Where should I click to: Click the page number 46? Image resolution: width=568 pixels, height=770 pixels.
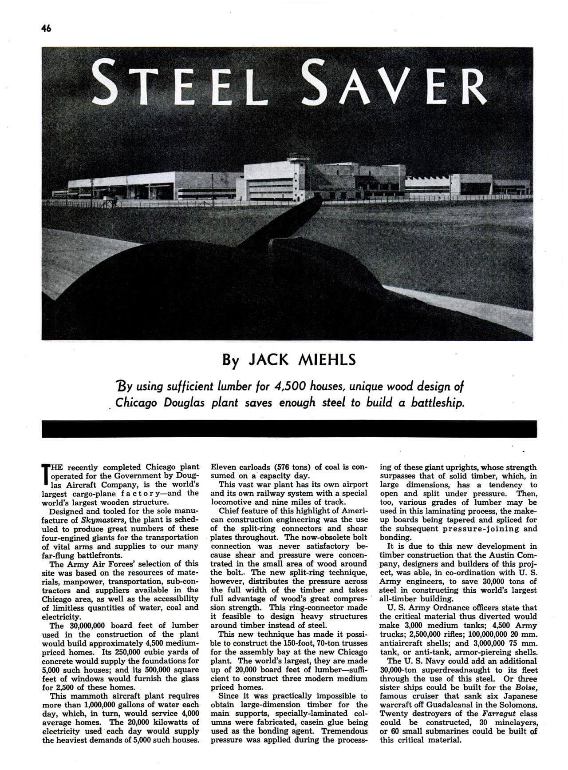click(x=47, y=28)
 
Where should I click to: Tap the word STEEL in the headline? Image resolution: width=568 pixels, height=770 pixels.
click(x=177, y=85)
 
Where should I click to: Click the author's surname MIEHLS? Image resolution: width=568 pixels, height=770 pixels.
click(x=328, y=359)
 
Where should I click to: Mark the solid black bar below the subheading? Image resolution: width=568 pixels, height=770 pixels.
click(x=289, y=429)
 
